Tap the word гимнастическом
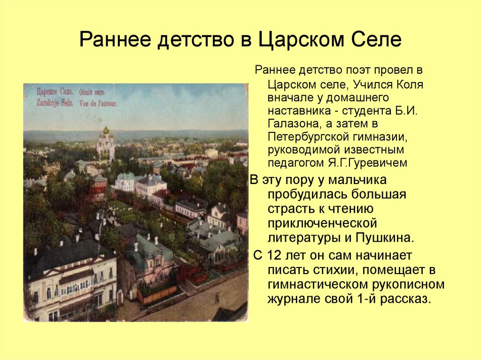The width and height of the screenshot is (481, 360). (329, 285)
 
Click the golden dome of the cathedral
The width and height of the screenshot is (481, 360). (106, 130)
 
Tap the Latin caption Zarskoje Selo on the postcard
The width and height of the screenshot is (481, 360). (48, 102)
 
